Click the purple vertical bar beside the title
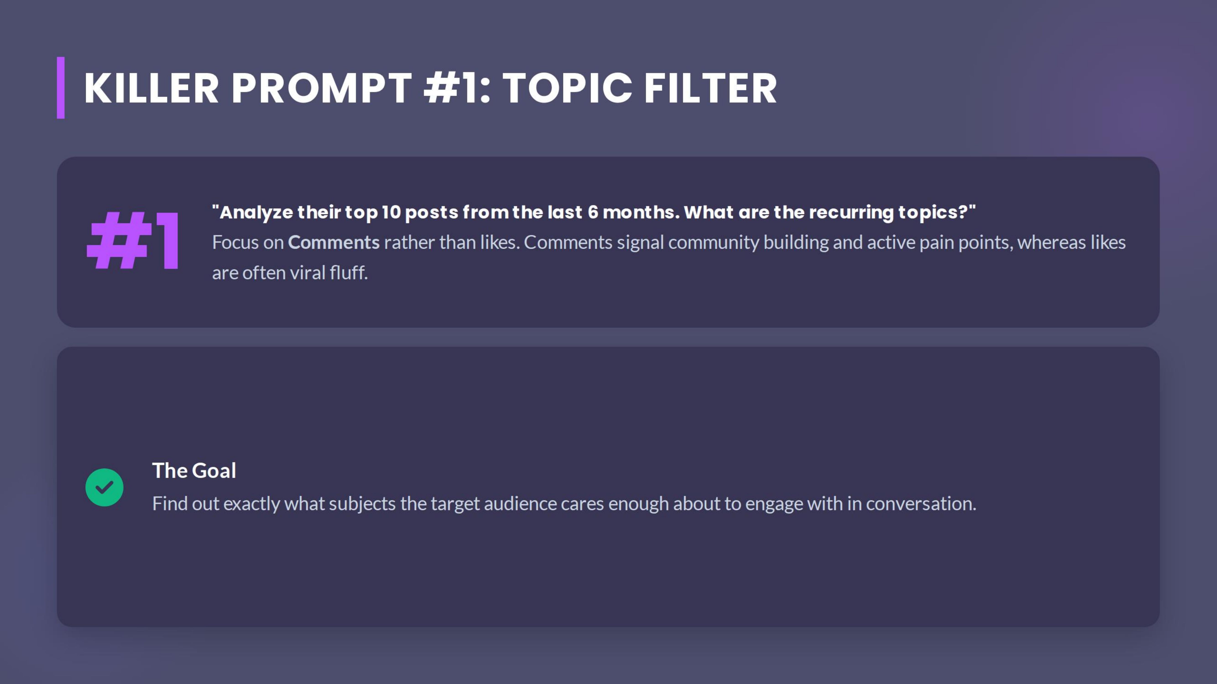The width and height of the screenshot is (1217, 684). [x=60, y=88]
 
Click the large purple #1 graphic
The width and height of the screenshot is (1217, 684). [x=133, y=241]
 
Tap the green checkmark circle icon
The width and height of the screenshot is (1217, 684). [x=104, y=487]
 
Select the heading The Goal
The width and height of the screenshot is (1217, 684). [x=194, y=471]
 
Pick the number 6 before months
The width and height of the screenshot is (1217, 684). [x=593, y=212]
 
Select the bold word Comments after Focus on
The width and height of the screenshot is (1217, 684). [x=334, y=243]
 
